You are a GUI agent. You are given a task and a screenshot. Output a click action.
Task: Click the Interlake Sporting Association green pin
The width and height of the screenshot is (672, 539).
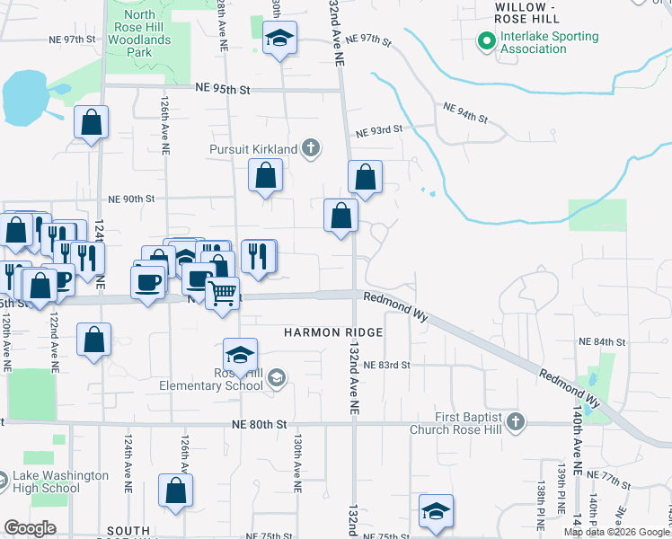[486, 41]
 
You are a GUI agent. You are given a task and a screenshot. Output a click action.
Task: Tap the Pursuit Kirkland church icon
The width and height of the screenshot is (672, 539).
[311, 147]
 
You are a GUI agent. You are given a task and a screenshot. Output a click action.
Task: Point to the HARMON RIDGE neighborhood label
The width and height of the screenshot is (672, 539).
[333, 332]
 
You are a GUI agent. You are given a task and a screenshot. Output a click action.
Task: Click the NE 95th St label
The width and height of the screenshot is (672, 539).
[223, 89]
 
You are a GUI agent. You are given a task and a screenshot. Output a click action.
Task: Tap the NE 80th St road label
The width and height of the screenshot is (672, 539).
[258, 424]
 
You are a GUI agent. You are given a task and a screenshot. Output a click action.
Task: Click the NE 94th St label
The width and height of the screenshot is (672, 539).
[464, 112]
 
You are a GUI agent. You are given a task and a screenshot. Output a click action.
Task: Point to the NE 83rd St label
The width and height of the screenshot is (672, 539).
[387, 366]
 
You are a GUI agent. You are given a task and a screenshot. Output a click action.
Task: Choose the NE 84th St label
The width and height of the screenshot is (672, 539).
[602, 342]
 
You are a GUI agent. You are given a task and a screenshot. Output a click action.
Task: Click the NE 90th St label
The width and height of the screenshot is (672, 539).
[131, 199]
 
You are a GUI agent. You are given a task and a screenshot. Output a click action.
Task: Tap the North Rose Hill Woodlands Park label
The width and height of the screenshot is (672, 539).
[151, 27]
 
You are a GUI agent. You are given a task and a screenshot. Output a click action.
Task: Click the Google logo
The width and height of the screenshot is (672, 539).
[30, 528]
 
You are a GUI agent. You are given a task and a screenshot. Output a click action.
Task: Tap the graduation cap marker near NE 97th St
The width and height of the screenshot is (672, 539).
[279, 40]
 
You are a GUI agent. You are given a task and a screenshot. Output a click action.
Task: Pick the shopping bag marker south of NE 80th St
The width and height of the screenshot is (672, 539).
[175, 490]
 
